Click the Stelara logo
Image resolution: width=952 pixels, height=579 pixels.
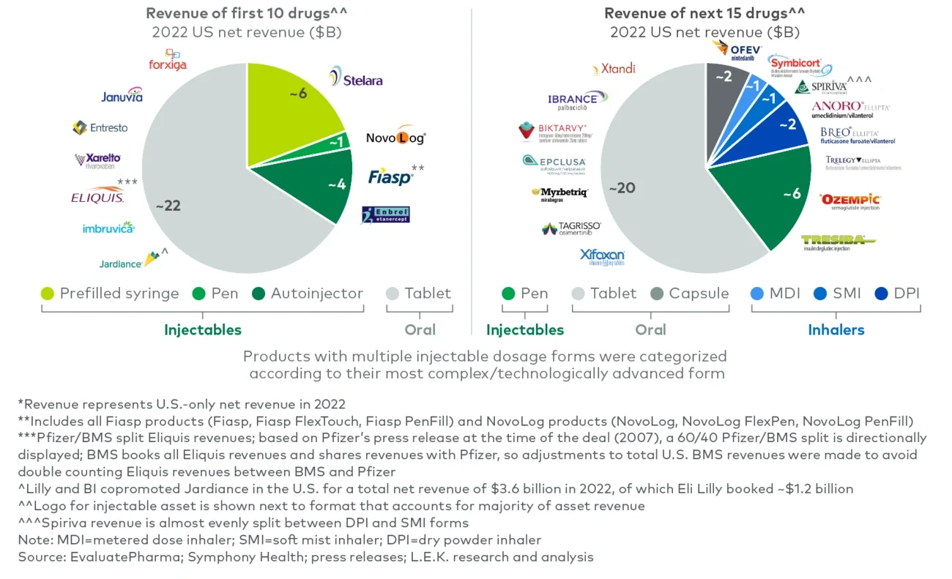[356, 78]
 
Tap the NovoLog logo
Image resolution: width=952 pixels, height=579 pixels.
[395, 138]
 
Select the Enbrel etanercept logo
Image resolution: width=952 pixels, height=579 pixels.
[385, 214]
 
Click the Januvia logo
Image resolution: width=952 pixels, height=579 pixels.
[122, 96]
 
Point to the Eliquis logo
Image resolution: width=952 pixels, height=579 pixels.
[97, 196]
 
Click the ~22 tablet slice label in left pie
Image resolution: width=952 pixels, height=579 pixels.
[168, 206]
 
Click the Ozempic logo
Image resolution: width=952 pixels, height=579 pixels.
[850, 200]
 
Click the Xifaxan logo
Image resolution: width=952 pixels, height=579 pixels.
[602, 256]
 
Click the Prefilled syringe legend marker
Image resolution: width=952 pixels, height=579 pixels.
[48, 294]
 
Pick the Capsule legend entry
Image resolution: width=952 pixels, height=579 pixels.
[688, 294]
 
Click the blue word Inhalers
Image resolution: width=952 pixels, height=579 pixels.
[836, 329]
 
